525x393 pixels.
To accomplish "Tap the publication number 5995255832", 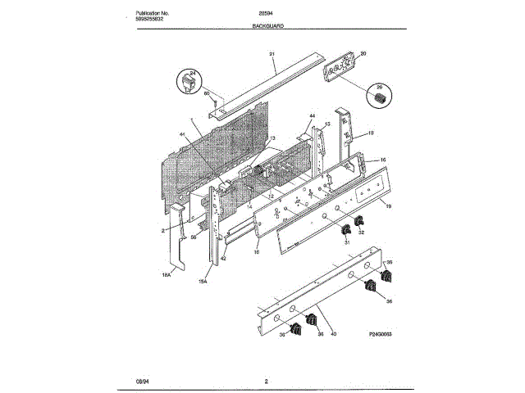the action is [155, 20].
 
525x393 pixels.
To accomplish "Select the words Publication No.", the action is [155, 12].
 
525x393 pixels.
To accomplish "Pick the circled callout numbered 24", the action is [191, 81].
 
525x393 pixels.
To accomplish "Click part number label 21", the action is [272, 54].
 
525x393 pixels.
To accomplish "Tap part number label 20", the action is [363, 54].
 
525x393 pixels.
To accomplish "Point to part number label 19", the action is [388, 207].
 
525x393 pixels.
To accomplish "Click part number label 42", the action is [222, 260].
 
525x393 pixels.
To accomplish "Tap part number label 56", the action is [194, 237].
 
